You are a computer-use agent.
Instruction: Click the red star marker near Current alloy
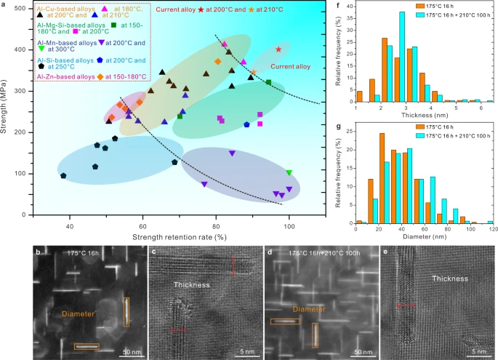(x=279, y=49)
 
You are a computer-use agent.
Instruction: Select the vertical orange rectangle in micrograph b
(x=126, y=311)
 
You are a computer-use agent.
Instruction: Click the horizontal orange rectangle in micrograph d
(x=285, y=321)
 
